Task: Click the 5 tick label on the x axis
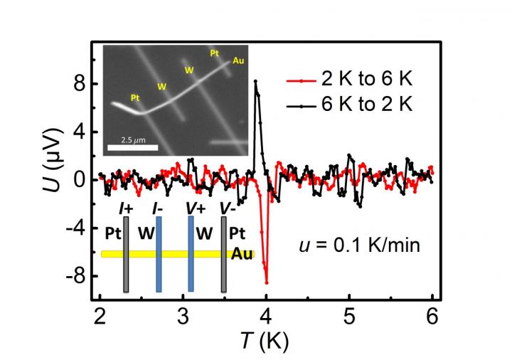click(348, 317)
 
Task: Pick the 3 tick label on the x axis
click(183, 317)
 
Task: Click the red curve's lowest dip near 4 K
click(267, 282)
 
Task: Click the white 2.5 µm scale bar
click(142, 149)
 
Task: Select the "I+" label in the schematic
click(126, 208)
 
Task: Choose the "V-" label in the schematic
click(228, 208)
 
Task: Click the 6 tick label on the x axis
click(431, 317)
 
